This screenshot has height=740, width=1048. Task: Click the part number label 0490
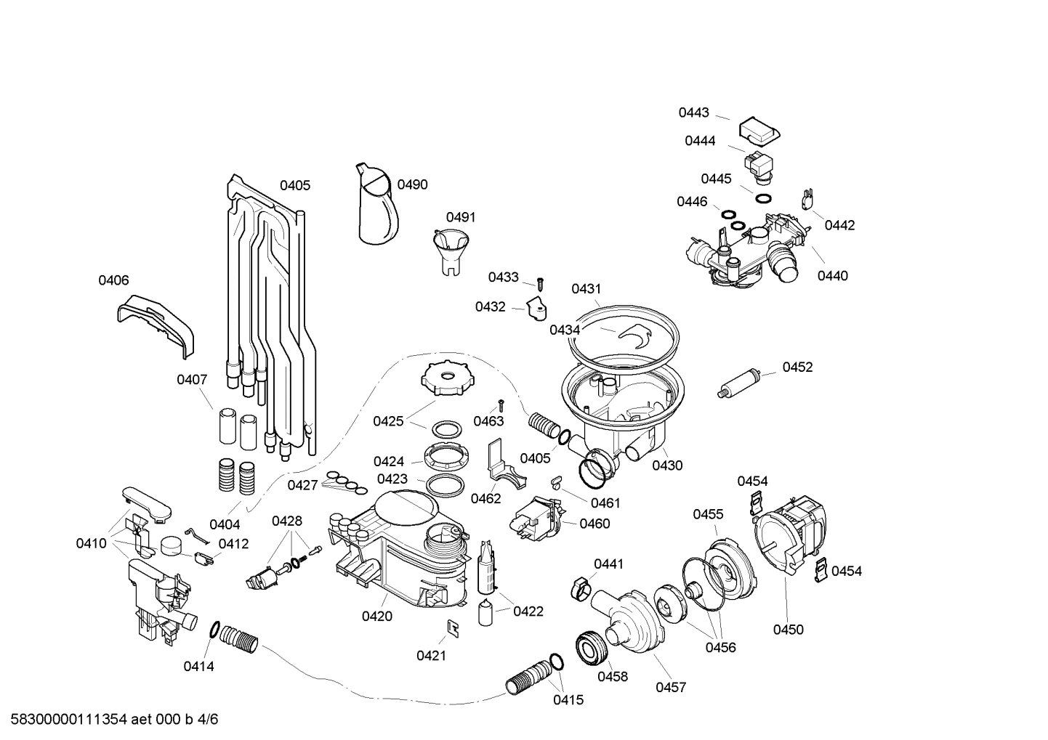coord(413,184)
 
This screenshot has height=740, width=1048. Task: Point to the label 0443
coord(693,113)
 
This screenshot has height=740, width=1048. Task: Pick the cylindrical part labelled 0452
coord(738,383)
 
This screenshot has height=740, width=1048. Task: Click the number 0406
coord(113,280)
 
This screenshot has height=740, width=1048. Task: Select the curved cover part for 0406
coord(158,325)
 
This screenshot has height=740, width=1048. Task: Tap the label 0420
coord(377,617)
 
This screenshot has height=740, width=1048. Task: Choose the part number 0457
coord(670,687)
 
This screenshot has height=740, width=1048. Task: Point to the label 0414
coord(198,666)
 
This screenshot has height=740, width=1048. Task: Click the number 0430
coord(667,465)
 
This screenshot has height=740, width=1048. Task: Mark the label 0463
coord(488,421)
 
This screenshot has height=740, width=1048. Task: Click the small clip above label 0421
coord(452,627)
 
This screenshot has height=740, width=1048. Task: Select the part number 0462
coord(485,498)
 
